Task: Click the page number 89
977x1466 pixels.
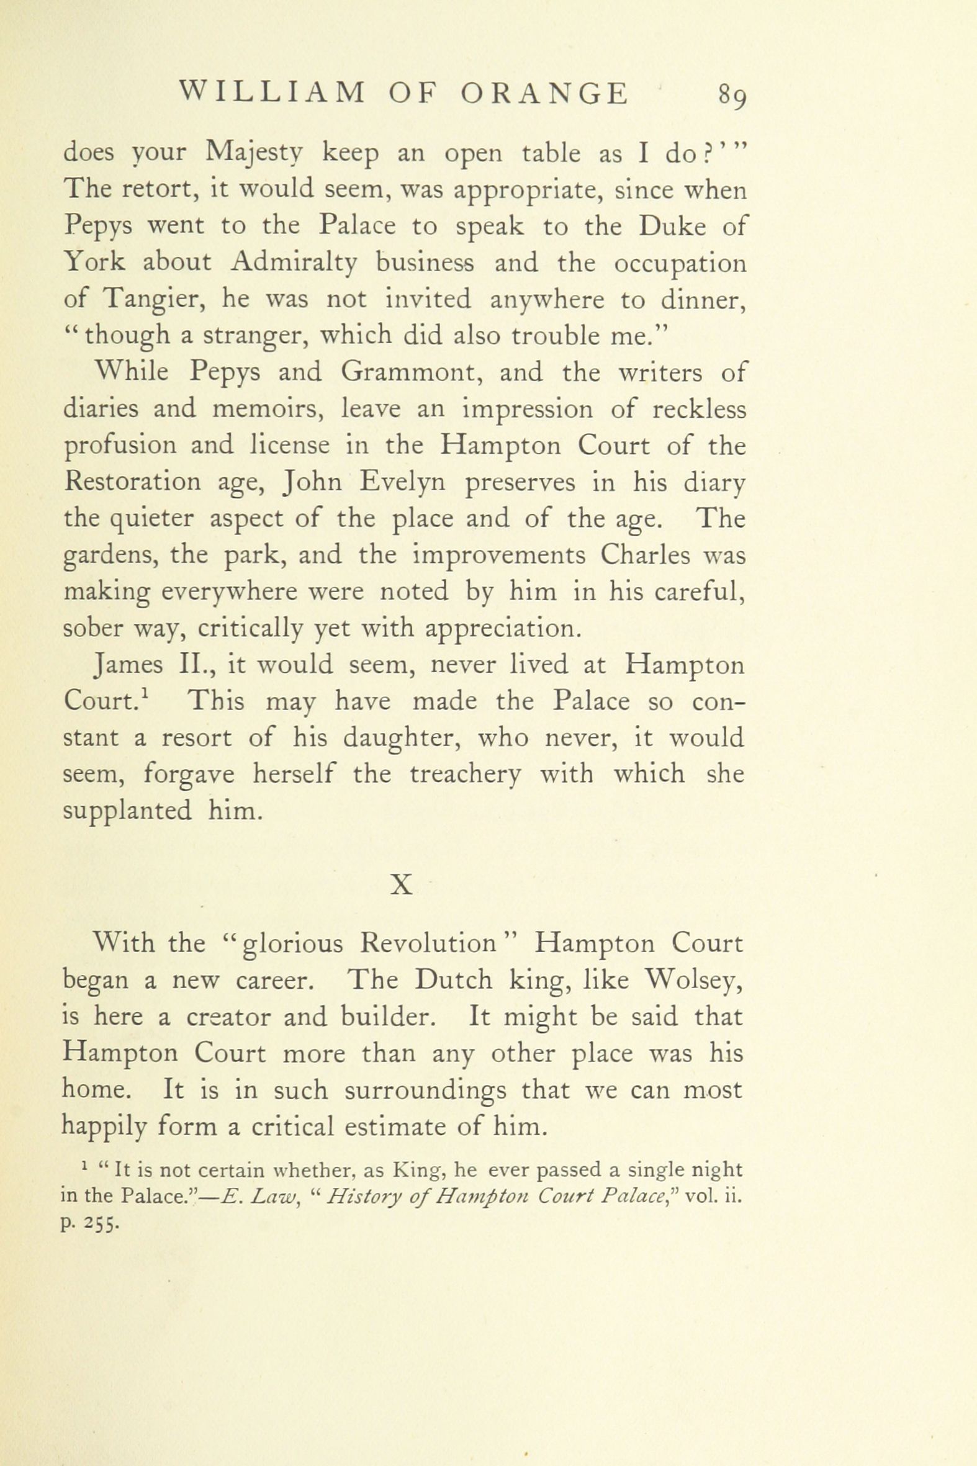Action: pos(731,96)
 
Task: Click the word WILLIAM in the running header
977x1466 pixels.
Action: pos(272,94)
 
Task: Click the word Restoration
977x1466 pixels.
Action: pos(133,482)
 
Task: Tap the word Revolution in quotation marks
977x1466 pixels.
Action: pos(428,944)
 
